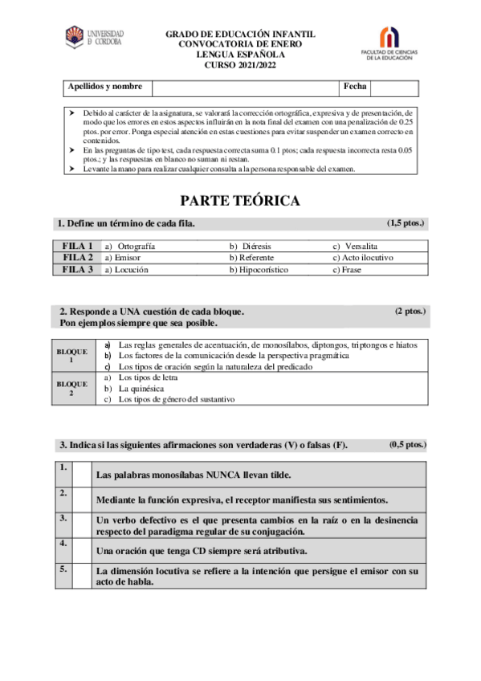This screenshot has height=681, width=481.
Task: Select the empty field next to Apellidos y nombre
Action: pos(245,87)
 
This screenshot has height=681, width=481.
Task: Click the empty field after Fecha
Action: pos(393,87)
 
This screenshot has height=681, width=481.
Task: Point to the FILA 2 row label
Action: pos(78,258)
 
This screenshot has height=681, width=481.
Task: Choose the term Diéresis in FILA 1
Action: pos(256,246)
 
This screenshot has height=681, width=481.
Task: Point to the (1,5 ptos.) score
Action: pos(405,222)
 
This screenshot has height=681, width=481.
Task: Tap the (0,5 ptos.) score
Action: pos(408,444)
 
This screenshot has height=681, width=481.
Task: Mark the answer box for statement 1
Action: pos(80,474)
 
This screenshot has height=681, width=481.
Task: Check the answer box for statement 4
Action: pos(80,550)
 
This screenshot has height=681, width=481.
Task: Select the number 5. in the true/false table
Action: pos(63,569)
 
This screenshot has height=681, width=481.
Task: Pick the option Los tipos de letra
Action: pos(148,377)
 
